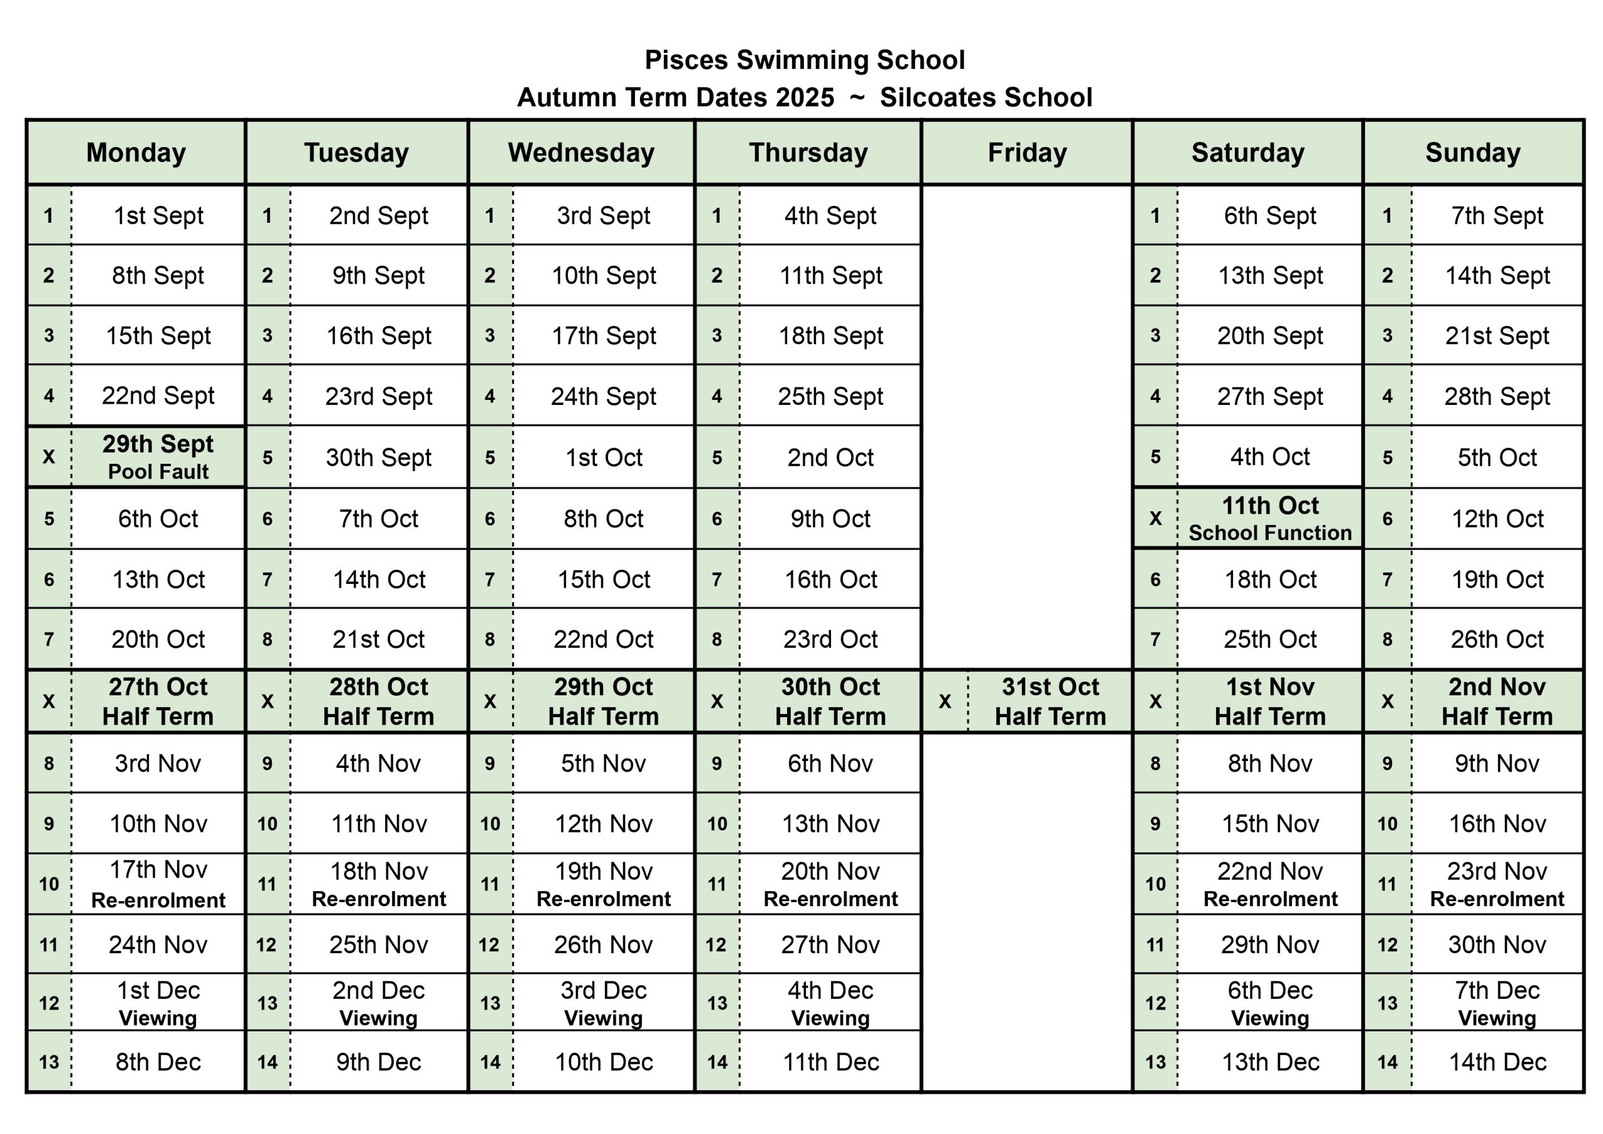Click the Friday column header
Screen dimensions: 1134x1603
tap(1027, 153)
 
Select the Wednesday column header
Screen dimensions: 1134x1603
tap(581, 153)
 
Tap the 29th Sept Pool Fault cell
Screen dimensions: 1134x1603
tap(158, 457)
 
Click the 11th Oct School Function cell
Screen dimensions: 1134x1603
tap(1270, 518)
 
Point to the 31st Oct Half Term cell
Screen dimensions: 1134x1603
tap(1050, 701)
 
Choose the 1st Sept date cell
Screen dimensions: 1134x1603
tap(158, 216)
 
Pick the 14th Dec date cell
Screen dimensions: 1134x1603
tap(1497, 1062)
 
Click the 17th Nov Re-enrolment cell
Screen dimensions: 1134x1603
tap(158, 884)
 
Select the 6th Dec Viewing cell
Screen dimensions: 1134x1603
tap(1270, 1003)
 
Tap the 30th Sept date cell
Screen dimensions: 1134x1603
tap(379, 457)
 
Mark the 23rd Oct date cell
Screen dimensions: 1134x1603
tap(830, 639)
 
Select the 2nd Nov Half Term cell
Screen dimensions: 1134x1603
tap(1497, 701)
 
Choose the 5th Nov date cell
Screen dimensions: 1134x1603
tap(604, 764)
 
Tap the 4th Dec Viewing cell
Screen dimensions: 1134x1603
tap(830, 1003)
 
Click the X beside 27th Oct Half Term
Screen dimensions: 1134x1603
tap(49, 701)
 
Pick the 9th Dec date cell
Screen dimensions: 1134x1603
tap(379, 1062)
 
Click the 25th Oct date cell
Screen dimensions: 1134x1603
tap(1270, 639)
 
